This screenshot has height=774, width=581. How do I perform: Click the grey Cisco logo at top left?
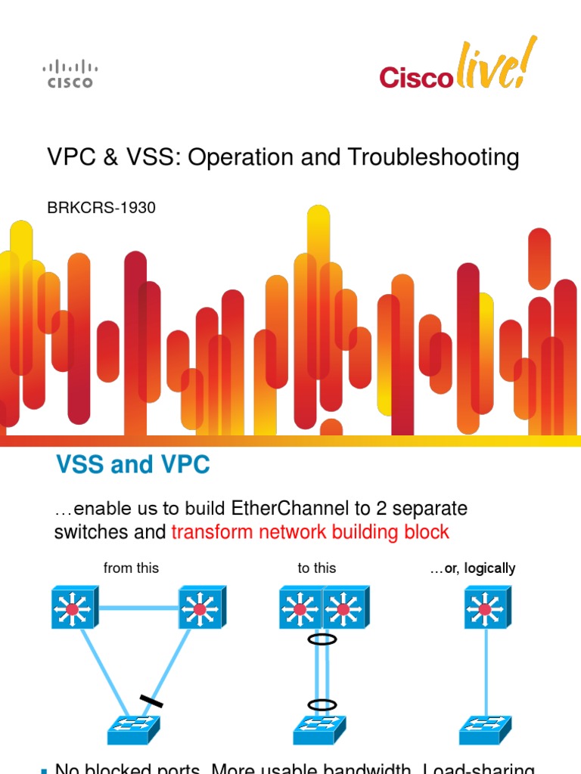coord(70,74)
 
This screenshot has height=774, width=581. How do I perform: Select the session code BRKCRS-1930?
coord(102,207)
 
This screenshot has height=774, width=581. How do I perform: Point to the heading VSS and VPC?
coord(133,465)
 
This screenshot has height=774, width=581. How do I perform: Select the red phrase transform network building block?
coord(310,532)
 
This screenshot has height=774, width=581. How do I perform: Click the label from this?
coord(131,568)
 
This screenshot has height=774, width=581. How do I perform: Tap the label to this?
coord(317,568)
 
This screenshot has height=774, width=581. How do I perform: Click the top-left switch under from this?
coord(73,608)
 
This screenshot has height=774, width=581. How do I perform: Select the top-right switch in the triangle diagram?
coord(200,608)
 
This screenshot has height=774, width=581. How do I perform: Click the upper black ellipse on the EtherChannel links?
coord(322,639)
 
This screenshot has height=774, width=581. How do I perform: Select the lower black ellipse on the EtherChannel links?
coord(322,704)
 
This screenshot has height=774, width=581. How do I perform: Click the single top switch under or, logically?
coord(485,608)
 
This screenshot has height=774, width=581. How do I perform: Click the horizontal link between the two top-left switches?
coord(136,607)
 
